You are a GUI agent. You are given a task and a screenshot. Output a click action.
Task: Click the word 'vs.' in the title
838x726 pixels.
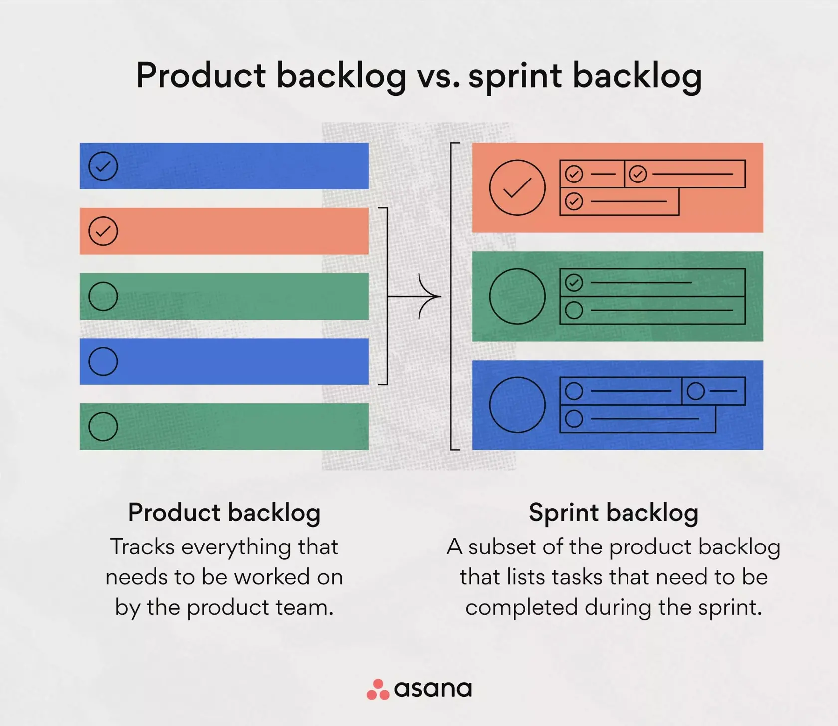[438, 76]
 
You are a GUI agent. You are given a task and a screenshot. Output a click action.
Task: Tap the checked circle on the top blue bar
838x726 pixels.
[103, 166]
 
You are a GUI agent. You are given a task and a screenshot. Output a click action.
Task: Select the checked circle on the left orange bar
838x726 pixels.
[103, 231]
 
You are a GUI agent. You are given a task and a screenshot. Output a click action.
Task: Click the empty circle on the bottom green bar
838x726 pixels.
[103, 427]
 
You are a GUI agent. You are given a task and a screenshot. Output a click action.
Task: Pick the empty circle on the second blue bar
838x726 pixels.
[103, 362]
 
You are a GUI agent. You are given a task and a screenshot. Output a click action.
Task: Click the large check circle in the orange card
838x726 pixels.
[517, 187]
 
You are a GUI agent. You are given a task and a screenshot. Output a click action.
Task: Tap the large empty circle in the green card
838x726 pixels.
[517, 297]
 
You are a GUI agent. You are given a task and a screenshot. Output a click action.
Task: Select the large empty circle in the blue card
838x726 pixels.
[517, 405]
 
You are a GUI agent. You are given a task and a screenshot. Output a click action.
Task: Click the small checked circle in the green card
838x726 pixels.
[574, 283]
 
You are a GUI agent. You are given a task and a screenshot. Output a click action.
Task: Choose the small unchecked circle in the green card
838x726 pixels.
[574, 310]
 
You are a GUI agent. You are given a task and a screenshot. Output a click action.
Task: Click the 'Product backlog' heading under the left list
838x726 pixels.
[224, 513]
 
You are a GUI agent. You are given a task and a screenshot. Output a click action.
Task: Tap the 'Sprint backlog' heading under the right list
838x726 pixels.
[614, 513]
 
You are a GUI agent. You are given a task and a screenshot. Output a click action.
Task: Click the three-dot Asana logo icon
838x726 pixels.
[378, 690]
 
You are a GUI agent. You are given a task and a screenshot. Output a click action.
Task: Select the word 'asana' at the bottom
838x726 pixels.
[432, 689]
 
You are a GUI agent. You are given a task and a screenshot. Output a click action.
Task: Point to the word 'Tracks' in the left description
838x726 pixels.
[142, 547]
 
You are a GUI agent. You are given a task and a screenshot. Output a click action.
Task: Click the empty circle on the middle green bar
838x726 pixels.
[103, 297]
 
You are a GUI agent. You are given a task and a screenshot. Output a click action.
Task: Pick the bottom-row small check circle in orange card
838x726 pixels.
[574, 201]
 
